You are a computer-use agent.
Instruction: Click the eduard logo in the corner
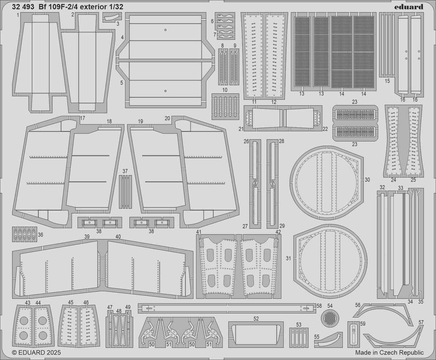tap(409, 7)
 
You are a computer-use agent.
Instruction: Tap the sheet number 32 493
tap(22, 7)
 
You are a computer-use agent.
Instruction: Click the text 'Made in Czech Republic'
tap(389, 352)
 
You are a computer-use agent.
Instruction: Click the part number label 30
tap(367, 180)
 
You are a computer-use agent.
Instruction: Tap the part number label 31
tap(289, 258)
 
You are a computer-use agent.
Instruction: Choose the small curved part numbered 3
tap(112, 17)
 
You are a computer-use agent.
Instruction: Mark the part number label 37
tap(125, 171)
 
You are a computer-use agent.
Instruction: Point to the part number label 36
tap(41, 235)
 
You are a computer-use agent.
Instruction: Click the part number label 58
tap(319, 306)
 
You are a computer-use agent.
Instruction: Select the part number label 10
tap(224, 90)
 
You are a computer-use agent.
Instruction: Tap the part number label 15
tap(387, 81)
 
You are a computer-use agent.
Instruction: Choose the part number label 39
tap(87, 237)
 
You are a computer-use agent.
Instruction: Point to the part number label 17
tap(82, 118)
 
